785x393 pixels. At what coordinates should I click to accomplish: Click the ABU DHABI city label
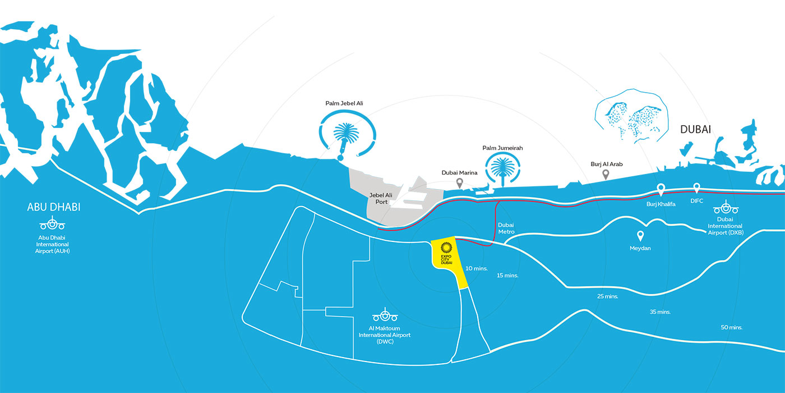point(54,207)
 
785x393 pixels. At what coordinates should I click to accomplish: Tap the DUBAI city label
point(696,130)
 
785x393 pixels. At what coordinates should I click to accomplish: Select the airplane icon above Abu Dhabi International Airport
point(52,223)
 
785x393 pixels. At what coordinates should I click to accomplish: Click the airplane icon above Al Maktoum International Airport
point(385,315)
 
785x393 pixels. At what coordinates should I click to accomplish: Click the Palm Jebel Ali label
point(344,103)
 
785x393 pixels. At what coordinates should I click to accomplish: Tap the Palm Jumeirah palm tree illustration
point(503,169)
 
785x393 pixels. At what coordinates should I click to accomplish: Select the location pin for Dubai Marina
point(459,183)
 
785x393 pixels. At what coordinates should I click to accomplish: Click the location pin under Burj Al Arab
point(606,175)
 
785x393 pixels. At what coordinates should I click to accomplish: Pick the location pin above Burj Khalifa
point(661,190)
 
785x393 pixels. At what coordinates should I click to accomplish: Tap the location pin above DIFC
point(696,188)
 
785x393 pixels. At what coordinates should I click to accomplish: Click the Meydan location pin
point(640,236)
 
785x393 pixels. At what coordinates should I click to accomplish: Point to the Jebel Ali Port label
point(381,198)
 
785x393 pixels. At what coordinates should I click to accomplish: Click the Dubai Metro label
point(506,228)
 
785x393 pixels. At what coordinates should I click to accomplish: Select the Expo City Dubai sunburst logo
point(446,248)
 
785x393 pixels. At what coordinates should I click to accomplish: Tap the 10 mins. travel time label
point(477,268)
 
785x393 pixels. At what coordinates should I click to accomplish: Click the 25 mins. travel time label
point(608,296)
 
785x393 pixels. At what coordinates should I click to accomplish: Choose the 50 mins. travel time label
point(732,327)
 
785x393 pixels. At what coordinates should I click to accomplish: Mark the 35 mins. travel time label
point(661,312)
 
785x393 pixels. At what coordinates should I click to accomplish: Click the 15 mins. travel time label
point(507,276)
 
